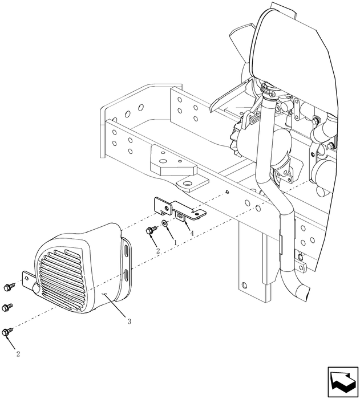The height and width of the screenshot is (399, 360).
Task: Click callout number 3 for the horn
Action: tap(130, 321)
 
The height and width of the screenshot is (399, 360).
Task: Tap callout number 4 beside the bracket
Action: tap(192, 233)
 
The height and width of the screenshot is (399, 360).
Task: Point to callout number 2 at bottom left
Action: tap(18, 353)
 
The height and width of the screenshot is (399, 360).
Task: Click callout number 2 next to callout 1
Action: tap(157, 251)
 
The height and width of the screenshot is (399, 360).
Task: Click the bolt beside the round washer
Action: tap(151, 230)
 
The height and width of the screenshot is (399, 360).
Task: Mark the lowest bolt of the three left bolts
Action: tap(7, 330)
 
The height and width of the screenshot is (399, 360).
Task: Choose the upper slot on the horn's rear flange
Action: tap(125, 251)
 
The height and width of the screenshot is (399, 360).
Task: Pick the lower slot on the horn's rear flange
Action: tap(126, 277)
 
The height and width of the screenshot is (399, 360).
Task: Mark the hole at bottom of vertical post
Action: tap(245, 284)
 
